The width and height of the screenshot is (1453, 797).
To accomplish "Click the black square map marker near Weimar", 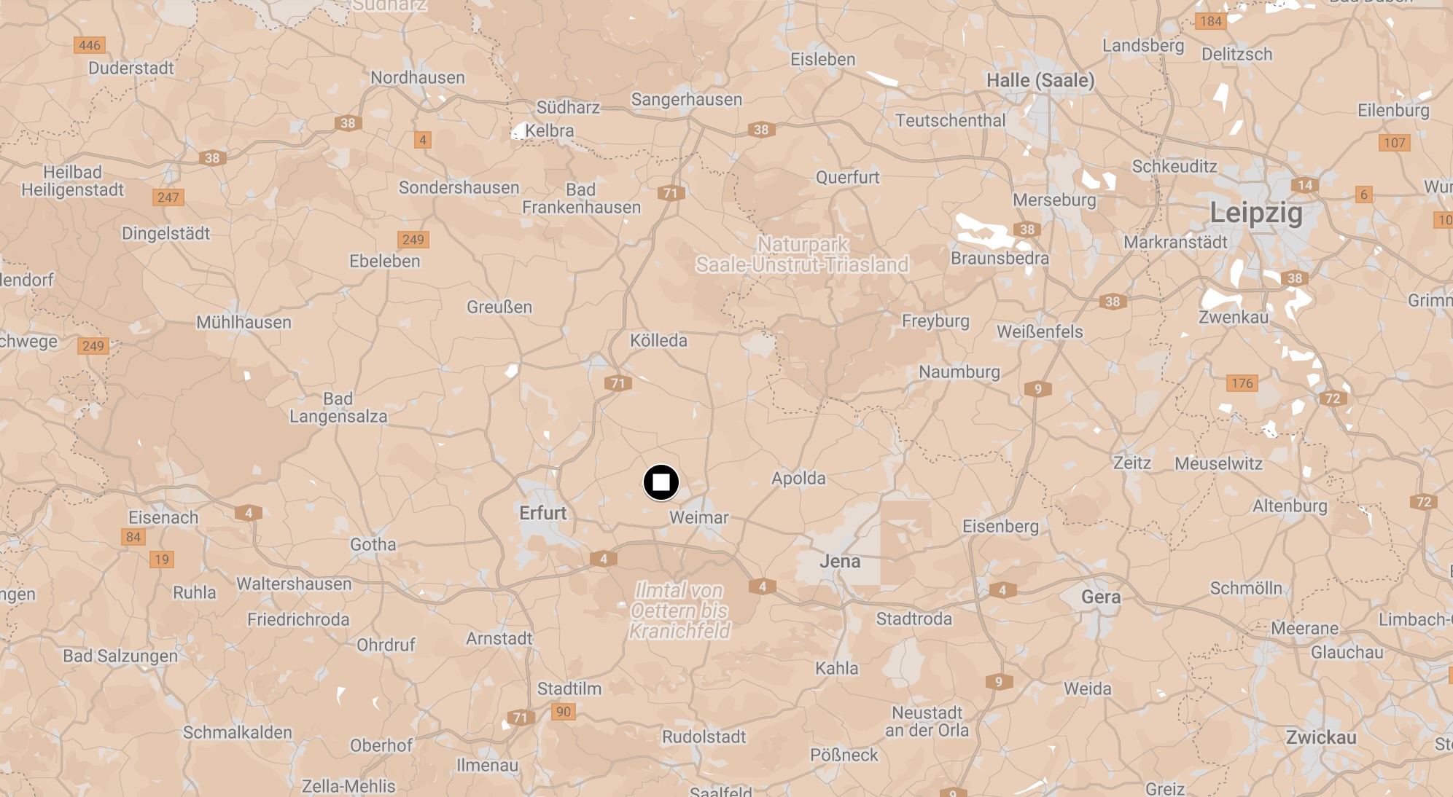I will click(x=661, y=482).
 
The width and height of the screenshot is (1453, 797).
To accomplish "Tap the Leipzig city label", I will click(x=1255, y=213).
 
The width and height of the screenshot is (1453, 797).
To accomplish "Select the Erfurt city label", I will click(x=542, y=513).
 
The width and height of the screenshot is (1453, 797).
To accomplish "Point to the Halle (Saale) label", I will click(x=1040, y=80).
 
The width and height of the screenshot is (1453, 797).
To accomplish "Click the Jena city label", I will click(x=840, y=561).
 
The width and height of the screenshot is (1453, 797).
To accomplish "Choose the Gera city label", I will click(x=1101, y=597).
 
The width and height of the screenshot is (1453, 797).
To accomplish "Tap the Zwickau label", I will click(x=1321, y=737).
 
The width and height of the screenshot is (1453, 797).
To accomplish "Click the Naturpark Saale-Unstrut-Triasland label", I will click(x=802, y=254).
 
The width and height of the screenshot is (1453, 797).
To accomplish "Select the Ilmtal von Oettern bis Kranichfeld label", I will click(x=679, y=610).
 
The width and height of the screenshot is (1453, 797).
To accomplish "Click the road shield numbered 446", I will click(x=90, y=45).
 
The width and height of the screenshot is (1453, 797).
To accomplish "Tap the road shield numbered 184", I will click(x=1210, y=21).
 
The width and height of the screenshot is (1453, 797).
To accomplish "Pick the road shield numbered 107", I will click(x=1394, y=143).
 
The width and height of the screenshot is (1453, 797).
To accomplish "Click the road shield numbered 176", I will click(x=1242, y=383).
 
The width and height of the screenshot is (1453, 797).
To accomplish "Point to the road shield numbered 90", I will click(x=564, y=712).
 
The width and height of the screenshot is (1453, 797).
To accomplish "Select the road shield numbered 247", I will click(x=168, y=197).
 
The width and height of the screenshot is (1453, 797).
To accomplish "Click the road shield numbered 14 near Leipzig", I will click(x=1305, y=185).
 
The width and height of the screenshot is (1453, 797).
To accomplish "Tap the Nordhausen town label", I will click(x=417, y=77).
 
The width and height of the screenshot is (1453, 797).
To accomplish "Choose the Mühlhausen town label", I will click(x=244, y=322).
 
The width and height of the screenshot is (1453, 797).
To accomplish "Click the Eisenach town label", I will click(x=163, y=517).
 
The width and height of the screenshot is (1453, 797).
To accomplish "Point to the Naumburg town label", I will click(x=959, y=372).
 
